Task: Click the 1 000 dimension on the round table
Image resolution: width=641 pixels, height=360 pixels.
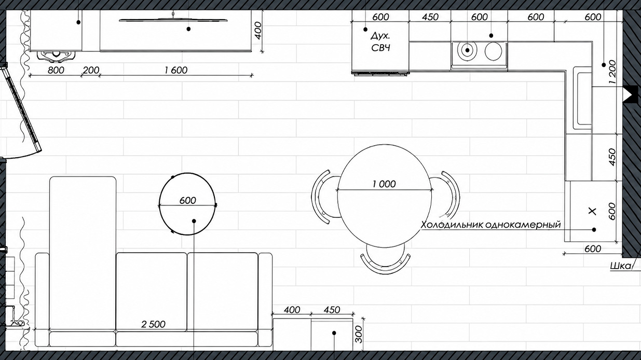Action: (x=384, y=184)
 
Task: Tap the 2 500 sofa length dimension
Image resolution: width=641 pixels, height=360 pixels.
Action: (x=154, y=324)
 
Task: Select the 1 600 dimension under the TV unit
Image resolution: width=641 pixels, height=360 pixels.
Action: (x=176, y=70)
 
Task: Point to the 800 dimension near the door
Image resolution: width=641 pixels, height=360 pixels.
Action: (x=56, y=70)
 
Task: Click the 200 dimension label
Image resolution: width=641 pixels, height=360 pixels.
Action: (x=91, y=70)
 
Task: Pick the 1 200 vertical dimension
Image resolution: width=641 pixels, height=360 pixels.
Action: (x=612, y=72)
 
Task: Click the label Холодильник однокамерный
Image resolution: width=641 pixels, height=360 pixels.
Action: (x=491, y=225)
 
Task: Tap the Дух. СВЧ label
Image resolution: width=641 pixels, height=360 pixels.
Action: (x=380, y=41)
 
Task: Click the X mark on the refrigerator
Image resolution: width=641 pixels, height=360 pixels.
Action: (x=592, y=211)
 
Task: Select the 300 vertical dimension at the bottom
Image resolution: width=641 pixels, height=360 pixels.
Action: (x=358, y=334)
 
